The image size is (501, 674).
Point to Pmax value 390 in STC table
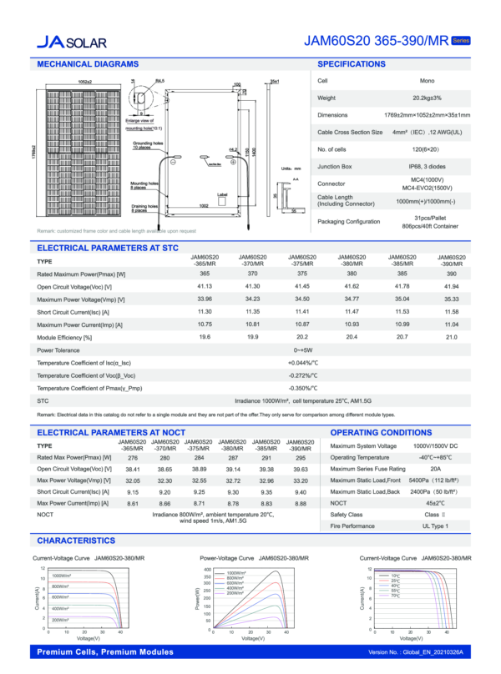(x=452, y=274)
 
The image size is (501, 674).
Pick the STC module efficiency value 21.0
(x=452, y=336)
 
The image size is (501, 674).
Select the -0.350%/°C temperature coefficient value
(x=303, y=389)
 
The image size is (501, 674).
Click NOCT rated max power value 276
(x=132, y=458)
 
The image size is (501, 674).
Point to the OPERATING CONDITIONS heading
(x=381, y=433)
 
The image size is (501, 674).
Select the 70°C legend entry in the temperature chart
(x=396, y=596)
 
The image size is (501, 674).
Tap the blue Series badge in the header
(x=461, y=40)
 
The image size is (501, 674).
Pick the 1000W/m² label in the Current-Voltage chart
(x=64, y=576)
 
